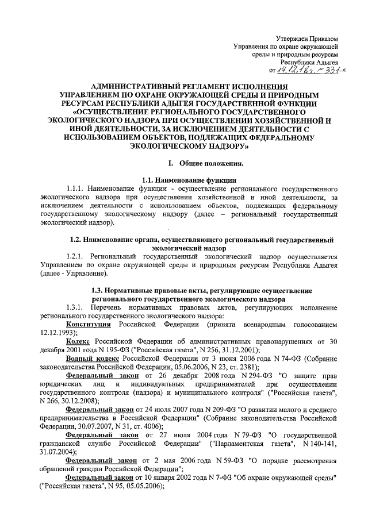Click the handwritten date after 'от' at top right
pos(294,70)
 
